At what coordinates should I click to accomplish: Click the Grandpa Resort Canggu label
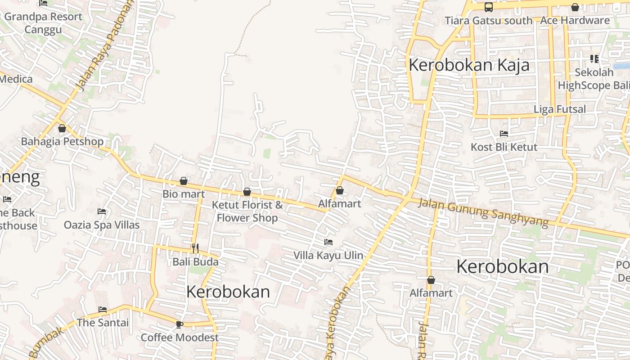43,23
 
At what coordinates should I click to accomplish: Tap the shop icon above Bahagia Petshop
62,128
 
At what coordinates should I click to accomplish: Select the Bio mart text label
184,194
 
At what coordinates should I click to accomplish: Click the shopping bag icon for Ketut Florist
247,192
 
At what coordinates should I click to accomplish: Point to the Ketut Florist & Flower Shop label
247,211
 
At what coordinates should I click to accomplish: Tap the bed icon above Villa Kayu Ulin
328,242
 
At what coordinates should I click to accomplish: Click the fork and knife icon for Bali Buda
195,248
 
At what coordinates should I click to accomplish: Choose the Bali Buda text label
195,261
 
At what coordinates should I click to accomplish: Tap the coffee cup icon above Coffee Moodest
179,324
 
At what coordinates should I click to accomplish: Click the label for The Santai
103,323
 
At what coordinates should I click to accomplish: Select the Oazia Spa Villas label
102,225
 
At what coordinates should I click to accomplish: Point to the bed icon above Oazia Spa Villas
102,211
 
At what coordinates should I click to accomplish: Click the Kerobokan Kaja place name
469,65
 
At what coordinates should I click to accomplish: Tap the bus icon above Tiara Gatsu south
488,7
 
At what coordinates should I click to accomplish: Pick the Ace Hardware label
575,20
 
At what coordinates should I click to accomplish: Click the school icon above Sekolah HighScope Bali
594,59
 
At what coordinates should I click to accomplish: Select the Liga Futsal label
559,109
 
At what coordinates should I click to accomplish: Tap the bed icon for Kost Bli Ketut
504,134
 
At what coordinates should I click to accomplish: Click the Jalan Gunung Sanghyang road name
483,212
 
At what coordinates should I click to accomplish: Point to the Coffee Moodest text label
180,337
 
